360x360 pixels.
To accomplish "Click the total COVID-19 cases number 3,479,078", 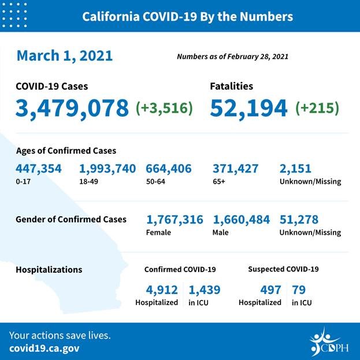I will pyautogui.click(x=72, y=108).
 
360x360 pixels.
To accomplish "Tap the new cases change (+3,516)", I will pyautogui.click(x=164, y=108).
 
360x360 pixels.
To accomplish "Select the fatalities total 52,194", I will pyautogui.click(x=248, y=108).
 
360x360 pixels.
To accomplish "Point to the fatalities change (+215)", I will pyautogui.click(x=317, y=108).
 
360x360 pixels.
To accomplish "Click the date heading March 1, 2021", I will pyautogui.click(x=64, y=56).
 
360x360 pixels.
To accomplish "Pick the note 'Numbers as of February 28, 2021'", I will pyautogui.click(x=232, y=57).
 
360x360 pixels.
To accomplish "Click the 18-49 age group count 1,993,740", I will pyautogui.click(x=107, y=169).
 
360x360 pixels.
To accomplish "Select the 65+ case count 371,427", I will pyautogui.click(x=235, y=169).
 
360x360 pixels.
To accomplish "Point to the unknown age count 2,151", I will pyautogui.click(x=295, y=169).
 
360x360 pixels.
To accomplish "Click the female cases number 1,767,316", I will pyautogui.click(x=175, y=220).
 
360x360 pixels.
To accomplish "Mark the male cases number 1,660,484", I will pyautogui.click(x=241, y=220).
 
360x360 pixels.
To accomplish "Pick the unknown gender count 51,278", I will pyautogui.click(x=299, y=220).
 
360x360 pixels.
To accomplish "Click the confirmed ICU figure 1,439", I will pyautogui.click(x=204, y=290).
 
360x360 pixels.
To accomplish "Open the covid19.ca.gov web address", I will pyautogui.click(x=44, y=348).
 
